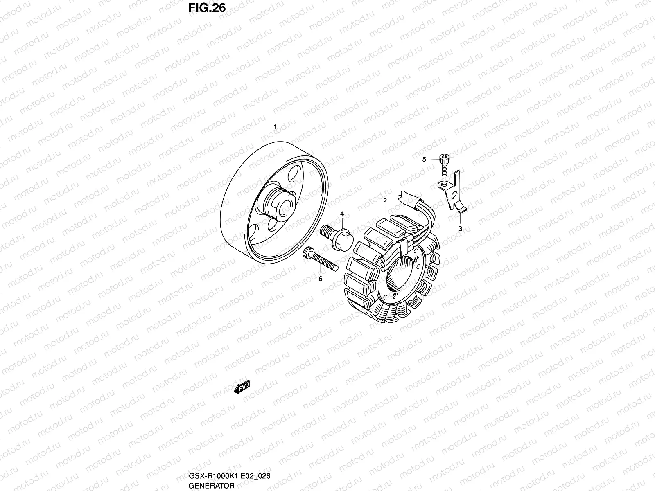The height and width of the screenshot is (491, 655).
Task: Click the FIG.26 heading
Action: (x=207, y=8)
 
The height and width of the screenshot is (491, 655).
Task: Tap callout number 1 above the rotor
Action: (x=275, y=127)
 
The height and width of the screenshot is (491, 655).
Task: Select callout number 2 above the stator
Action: (x=385, y=201)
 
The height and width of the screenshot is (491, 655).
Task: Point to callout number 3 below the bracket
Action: (x=460, y=229)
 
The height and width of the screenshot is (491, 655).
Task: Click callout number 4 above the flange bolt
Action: (x=342, y=214)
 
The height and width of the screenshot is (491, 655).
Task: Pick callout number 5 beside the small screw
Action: (x=424, y=160)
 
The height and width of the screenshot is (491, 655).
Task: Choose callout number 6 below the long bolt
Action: (x=321, y=279)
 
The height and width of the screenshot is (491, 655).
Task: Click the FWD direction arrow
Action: (x=242, y=387)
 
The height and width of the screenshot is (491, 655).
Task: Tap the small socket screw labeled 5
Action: (x=444, y=164)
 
